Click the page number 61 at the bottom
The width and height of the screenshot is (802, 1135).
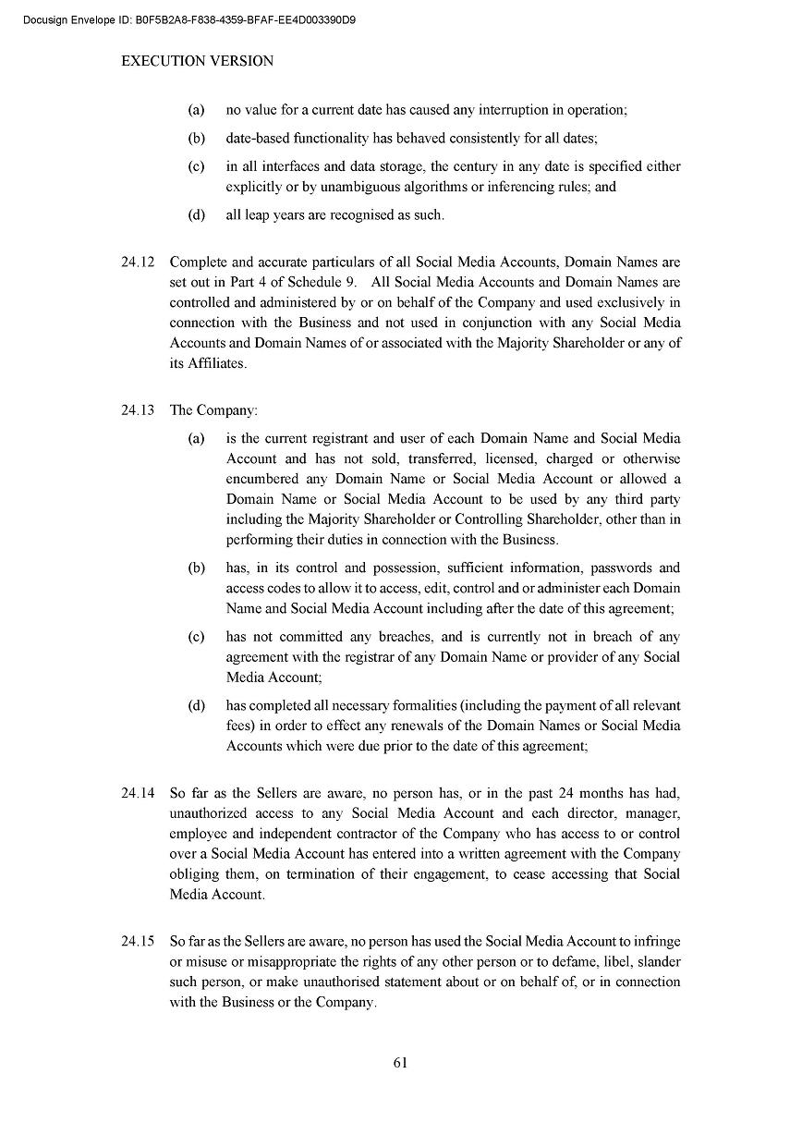tap(400, 1062)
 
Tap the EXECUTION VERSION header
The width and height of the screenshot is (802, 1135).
tap(198, 61)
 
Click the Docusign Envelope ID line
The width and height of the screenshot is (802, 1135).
tap(188, 18)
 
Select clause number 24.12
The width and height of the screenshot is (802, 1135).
tap(138, 262)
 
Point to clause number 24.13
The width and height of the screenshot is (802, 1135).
tap(138, 410)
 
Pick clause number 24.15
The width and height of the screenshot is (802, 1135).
tap(138, 942)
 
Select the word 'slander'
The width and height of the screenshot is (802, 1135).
tap(659, 962)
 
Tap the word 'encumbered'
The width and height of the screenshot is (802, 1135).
tap(261, 479)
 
